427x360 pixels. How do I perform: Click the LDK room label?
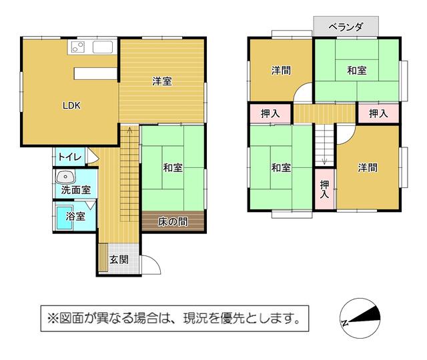pos(71,105)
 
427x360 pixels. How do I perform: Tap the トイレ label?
pos(70,157)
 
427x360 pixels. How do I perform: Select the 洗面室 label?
pos(75,189)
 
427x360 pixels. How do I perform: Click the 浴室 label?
pos(75,216)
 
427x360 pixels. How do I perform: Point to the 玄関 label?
pos(119,259)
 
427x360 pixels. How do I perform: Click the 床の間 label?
pos(173,222)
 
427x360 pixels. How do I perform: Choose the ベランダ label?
pos(346,27)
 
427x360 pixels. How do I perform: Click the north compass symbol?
pos(360,318)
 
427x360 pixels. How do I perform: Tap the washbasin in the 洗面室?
pos(65,177)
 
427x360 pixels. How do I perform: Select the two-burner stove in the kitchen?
pos(78,47)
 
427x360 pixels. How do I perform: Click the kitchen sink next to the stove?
pos(103,47)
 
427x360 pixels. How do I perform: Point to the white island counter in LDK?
pos(95,74)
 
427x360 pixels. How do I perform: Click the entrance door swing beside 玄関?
pos(151,265)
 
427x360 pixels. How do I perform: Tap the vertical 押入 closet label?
pos(324,189)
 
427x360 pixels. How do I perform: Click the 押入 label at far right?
pos(378,113)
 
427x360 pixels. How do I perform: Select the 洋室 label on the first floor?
pos(161,81)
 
